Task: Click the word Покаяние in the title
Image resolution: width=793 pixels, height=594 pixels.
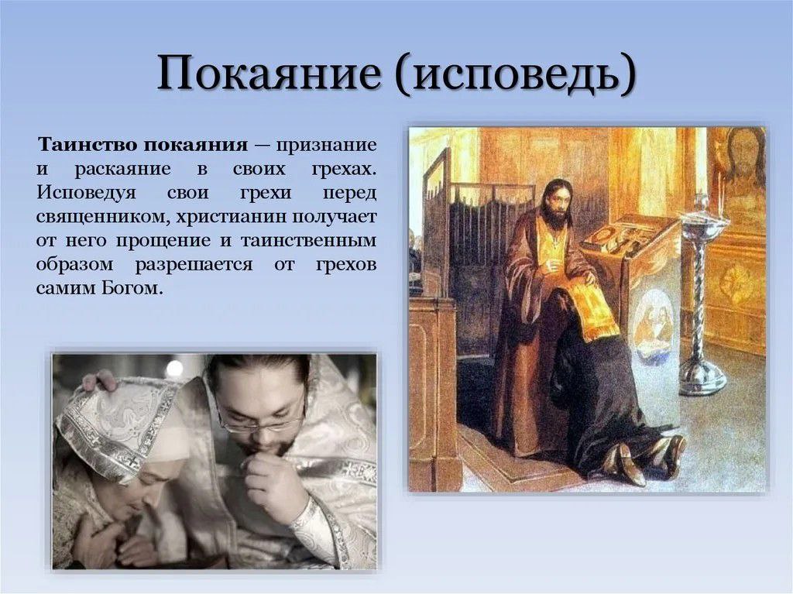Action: pyautogui.click(x=269, y=74)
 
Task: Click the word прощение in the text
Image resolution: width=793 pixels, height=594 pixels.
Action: pyautogui.click(x=163, y=240)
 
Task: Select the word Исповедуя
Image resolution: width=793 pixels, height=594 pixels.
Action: pyautogui.click(x=86, y=194)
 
